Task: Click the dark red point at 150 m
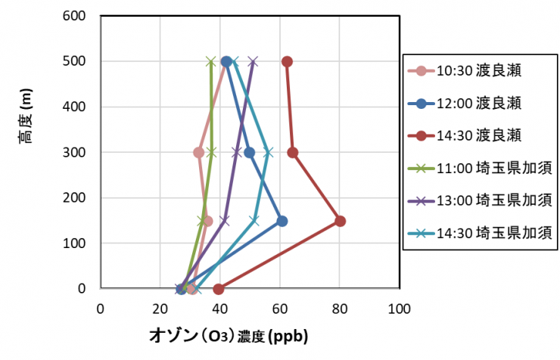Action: [341, 221]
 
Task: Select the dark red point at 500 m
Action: [287, 61]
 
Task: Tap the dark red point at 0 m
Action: [219, 289]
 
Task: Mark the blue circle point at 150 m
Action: [282, 221]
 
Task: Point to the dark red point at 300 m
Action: [293, 152]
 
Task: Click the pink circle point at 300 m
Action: [199, 152]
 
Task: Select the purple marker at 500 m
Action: [253, 61]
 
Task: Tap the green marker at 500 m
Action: [211, 61]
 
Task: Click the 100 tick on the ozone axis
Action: [399, 308]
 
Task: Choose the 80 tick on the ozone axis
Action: [339, 308]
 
